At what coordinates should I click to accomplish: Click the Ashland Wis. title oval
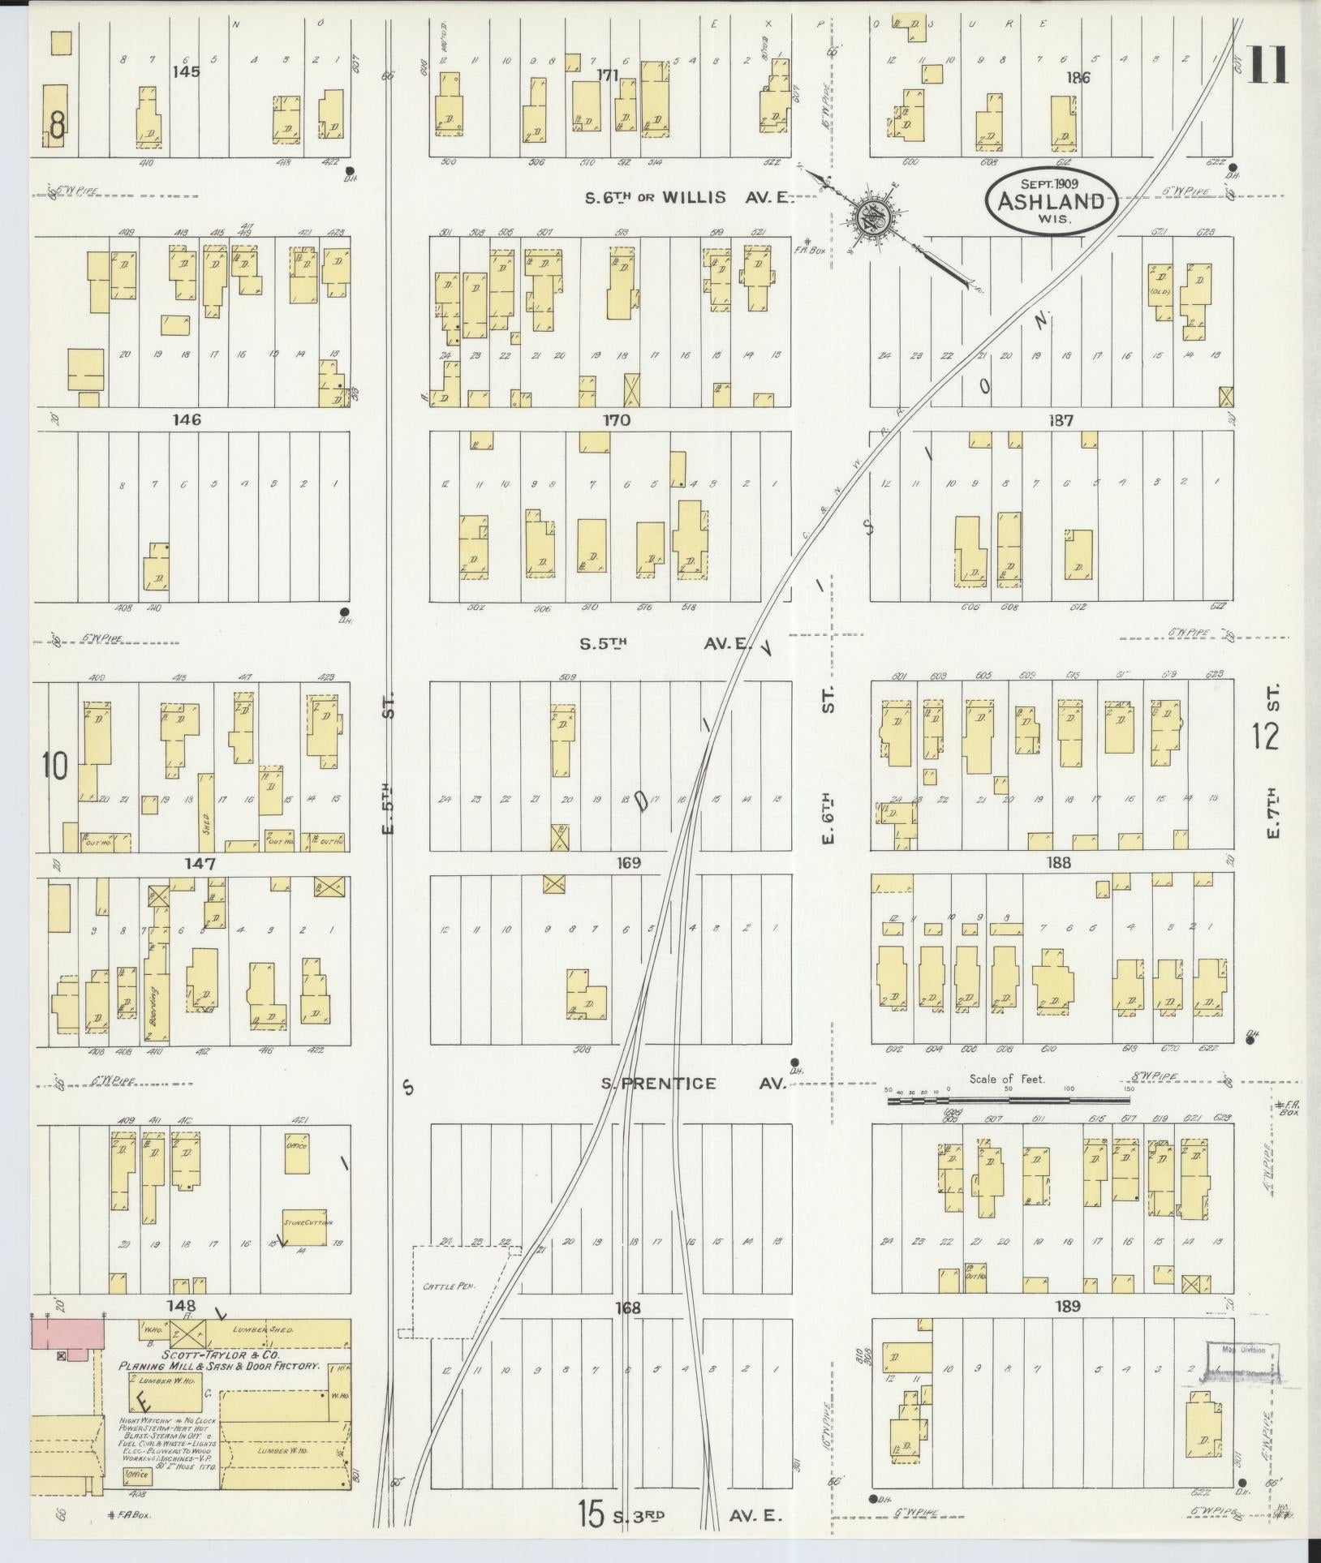pyautogui.click(x=1051, y=201)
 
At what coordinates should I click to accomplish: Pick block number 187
pyautogui.click(x=1061, y=420)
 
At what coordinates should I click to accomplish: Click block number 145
pyautogui.click(x=186, y=71)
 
